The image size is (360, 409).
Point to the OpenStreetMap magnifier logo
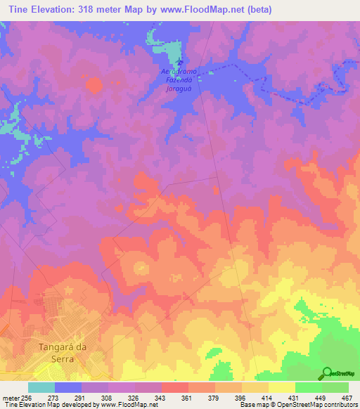point(326,372)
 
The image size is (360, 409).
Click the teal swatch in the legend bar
point(41,387)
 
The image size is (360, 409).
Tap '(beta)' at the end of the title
point(257,9)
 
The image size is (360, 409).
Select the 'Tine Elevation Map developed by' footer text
point(46,405)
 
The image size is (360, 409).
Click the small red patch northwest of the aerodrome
point(93,85)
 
